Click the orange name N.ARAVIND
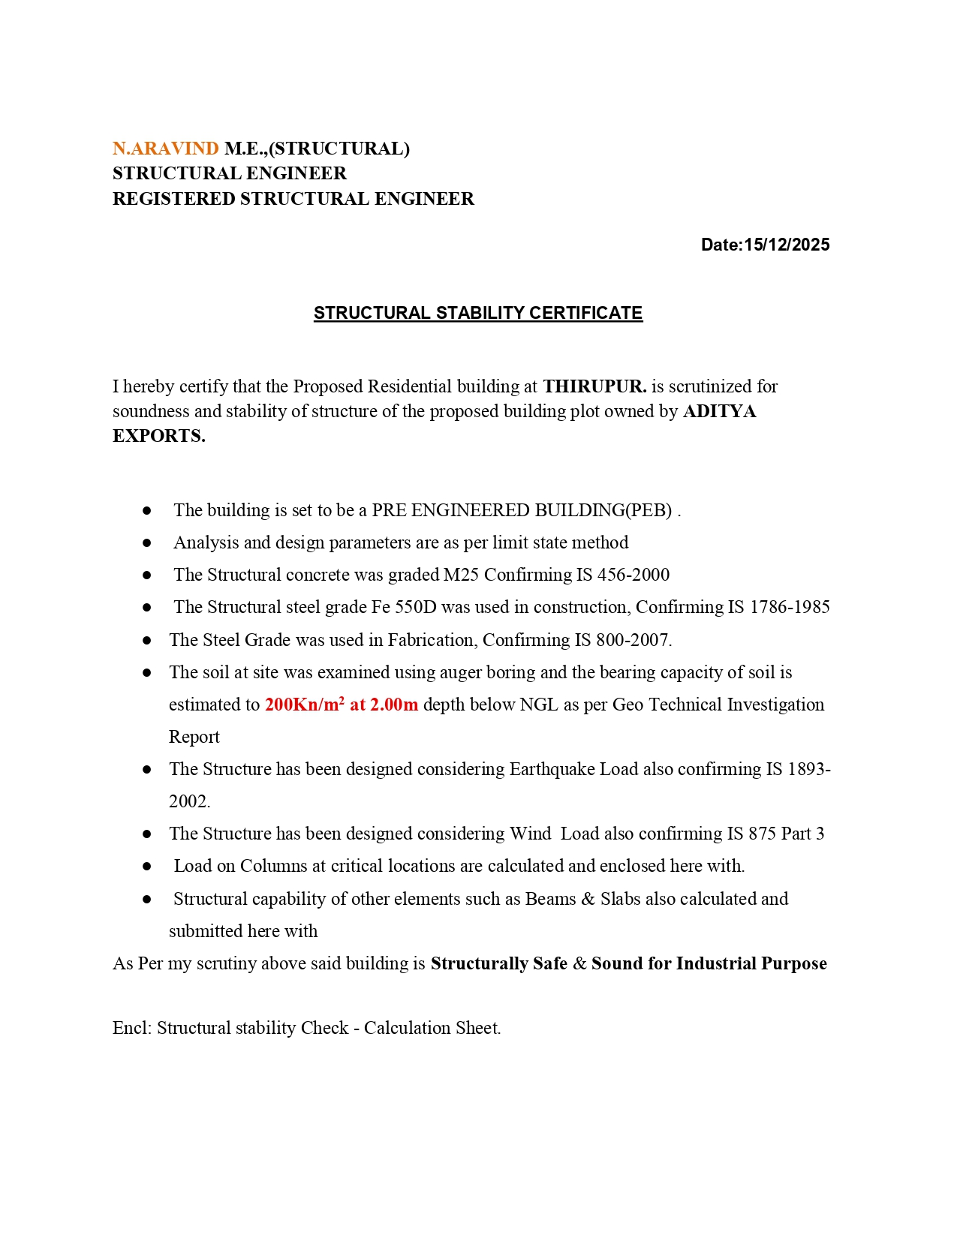click(165, 149)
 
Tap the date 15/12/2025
click(787, 245)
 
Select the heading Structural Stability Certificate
click(478, 313)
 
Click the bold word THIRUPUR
click(594, 386)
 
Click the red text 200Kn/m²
click(305, 705)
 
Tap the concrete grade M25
click(461, 575)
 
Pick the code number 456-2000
click(633, 575)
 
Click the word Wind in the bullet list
click(530, 834)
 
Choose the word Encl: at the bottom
click(133, 1028)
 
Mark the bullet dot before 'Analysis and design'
click(147, 542)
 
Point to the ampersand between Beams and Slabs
click(588, 899)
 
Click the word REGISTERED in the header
click(173, 199)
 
